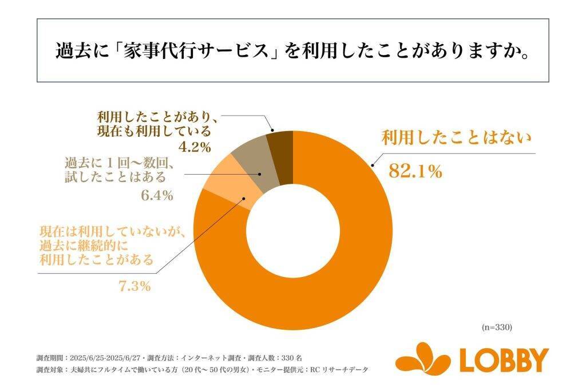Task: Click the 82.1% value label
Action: pyautogui.click(x=415, y=171)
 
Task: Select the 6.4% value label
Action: pyautogui.click(x=156, y=196)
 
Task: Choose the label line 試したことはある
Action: pyautogui.click(x=115, y=176)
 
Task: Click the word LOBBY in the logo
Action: pyautogui.click(x=504, y=360)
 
